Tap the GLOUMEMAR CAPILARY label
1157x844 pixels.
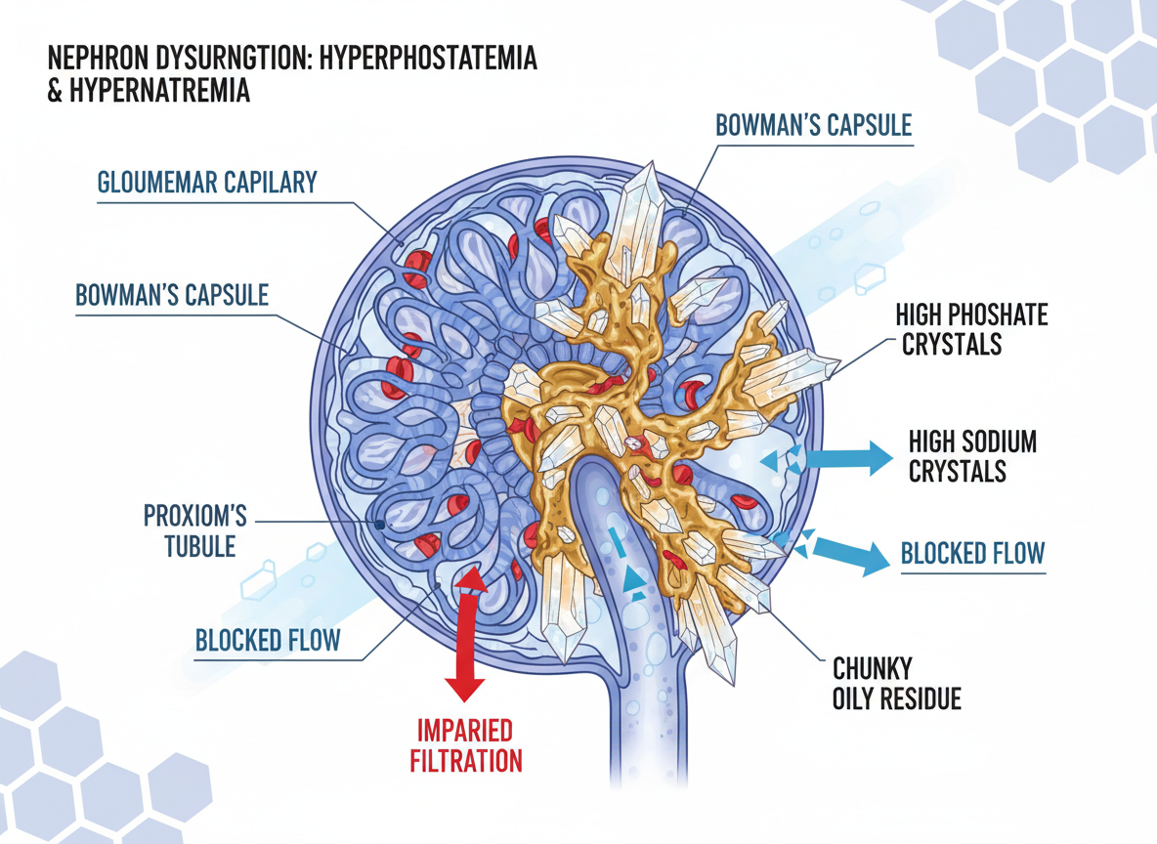[x=206, y=183]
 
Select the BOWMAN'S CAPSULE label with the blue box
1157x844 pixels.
[x=813, y=125]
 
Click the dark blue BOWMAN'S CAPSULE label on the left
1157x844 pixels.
[x=172, y=295]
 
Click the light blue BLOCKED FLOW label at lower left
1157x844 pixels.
[x=268, y=641]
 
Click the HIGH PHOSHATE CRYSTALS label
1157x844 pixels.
[x=971, y=329]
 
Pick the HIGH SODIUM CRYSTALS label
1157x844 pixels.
[x=971, y=455]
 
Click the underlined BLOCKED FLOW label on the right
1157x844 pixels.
[x=972, y=554]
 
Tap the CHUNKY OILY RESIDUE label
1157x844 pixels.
[x=896, y=684]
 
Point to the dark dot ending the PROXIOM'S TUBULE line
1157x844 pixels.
[x=379, y=525]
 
